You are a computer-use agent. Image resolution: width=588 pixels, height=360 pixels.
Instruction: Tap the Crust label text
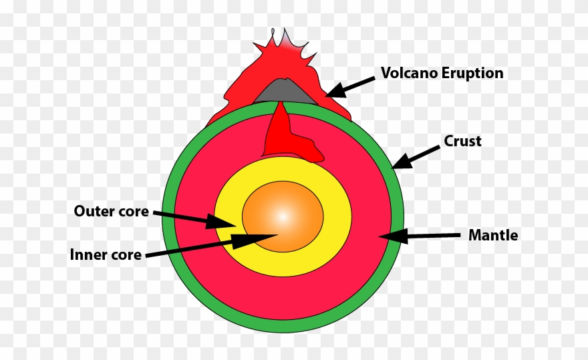[462, 142]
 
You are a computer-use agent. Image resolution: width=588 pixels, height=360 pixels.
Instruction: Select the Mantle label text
[493, 235]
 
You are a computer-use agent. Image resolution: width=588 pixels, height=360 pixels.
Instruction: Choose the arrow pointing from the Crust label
[416, 157]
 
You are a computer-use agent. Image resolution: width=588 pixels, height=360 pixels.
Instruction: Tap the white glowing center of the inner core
[282, 216]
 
